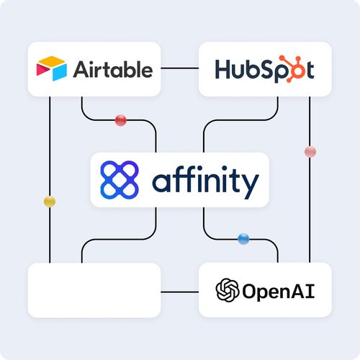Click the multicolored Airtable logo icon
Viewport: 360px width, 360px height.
click(x=50, y=68)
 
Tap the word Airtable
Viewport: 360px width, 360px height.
click(x=112, y=69)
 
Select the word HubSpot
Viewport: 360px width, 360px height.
click(x=264, y=69)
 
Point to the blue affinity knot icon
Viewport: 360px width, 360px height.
click(x=119, y=179)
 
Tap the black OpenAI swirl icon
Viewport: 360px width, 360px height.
click(x=228, y=290)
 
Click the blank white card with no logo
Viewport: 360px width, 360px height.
click(x=94, y=290)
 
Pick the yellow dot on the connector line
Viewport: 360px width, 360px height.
click(x=50, y=200)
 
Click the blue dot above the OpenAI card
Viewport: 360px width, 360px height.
click(x=243, y=238)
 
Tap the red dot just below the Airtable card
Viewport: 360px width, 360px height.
click(x=121, y=120)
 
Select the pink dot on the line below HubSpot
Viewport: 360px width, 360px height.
click(x=310, y=151)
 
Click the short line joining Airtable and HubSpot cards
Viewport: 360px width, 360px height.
click(x=179, y=69)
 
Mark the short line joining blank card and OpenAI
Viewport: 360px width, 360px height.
click(x=179, y=291)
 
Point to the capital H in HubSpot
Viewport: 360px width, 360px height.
click(x=224, y=69)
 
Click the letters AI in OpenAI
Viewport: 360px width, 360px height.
click(x=305, y=291)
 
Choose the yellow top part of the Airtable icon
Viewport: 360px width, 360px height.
click(x=50, y=62)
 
